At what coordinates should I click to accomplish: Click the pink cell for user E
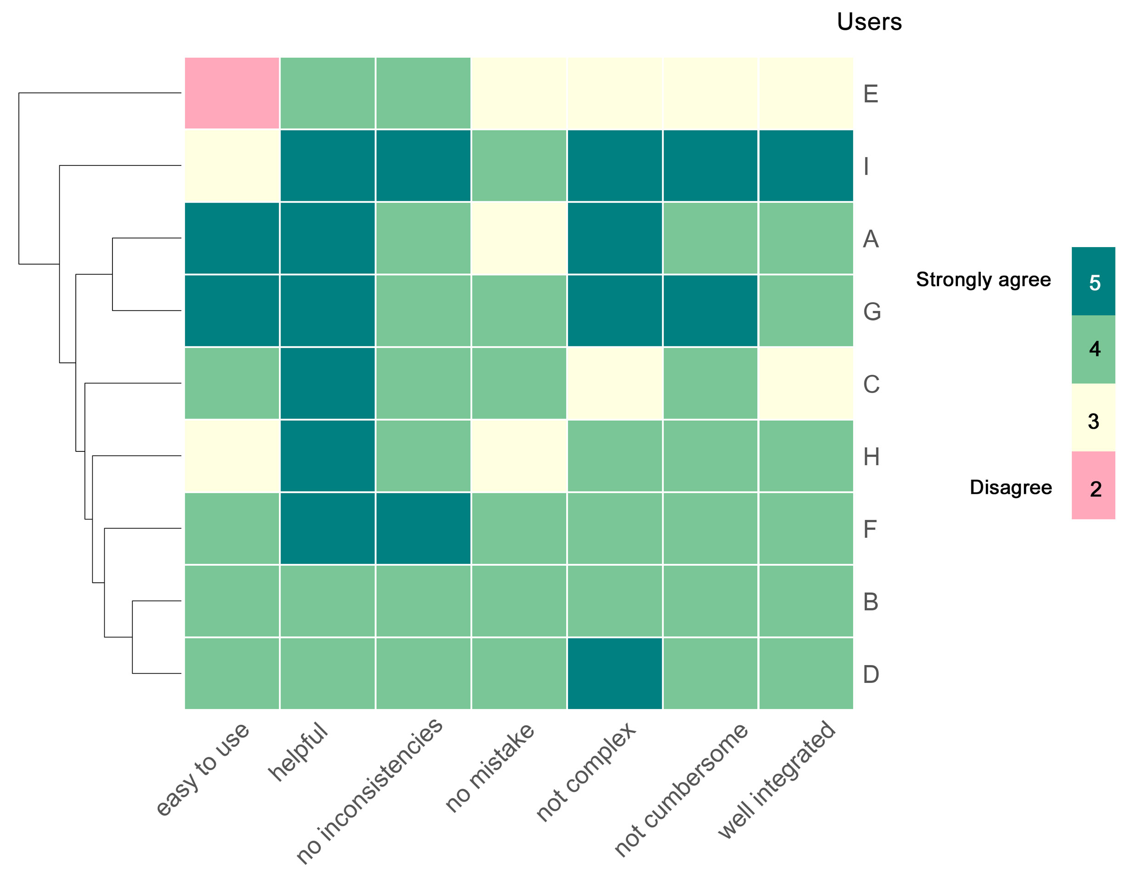pyautogui.click(x=232, y=93)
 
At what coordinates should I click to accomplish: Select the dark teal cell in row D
pyautogui.click(x=615, y=674)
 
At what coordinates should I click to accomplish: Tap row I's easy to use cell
pyautogui.click(x=232, y=166)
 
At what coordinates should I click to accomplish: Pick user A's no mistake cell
pyautogui.click(x=519, y=238)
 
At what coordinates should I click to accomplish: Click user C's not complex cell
pyautogui.click(x=615, y=383)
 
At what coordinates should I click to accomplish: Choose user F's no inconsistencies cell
pyautogui.click(x=423, y=529)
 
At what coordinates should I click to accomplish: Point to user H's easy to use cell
pyautogui.click(x=232, y=456)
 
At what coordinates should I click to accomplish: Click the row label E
pyautogui.click(x=871, y=94)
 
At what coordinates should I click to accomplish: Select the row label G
pyautogui.click(x=872, y=312)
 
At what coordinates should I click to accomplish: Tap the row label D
pyautogui.click(x=871, y=675)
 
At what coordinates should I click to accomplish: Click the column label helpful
pyautogui.click(x=298, y=752)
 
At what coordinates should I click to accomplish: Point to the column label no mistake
pyautogui.click(x=490, y=768)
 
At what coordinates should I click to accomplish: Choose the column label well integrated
pyautogui.click(x=777, y=780)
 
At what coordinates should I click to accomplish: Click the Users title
pyautogui.click(x=869, y=22)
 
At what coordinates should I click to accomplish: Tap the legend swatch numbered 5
pyautogui.click(x=1093, y=282)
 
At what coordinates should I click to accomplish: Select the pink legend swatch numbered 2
pyautogui.click(x=1093, y=485)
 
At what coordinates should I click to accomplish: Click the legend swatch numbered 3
pyautogui.click(x=1093, y=417)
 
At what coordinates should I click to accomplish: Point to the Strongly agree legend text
pyautogui.click(x=984, y=280)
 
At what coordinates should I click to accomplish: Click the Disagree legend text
pyautogui.click(x=1011, y=487)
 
